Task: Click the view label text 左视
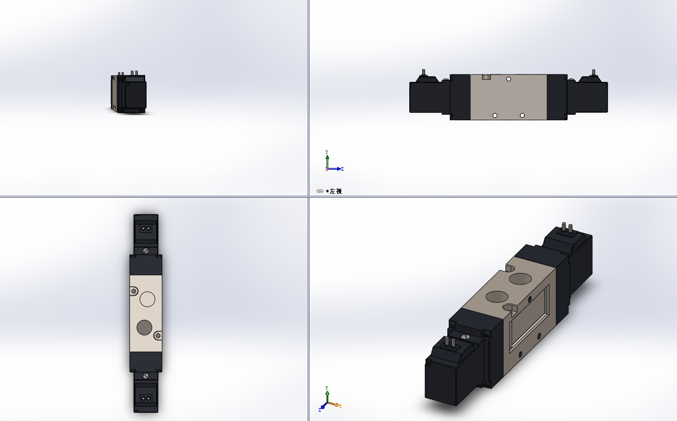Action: click(335, 191)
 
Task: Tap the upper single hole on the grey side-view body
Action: click(509, 79)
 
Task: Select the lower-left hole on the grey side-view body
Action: click(495, 115)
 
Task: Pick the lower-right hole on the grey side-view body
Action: click(522, 115)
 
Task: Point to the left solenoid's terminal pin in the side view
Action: click(423, 72)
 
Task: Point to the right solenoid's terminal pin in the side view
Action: click(594, 72)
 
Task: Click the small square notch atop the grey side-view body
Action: click(486, 77)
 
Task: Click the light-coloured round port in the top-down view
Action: click(147, 299)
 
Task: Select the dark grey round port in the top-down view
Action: click(144, 328)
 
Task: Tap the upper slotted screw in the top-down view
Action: click(146, 251)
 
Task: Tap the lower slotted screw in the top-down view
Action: click(146, 376)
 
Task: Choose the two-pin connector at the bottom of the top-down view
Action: click(146, 398)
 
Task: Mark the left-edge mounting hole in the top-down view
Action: click(134, 291)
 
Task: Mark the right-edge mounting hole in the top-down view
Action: click(157, 335)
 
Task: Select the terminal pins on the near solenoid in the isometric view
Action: click(450, 343)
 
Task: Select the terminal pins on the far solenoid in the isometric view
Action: click(567, 228)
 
